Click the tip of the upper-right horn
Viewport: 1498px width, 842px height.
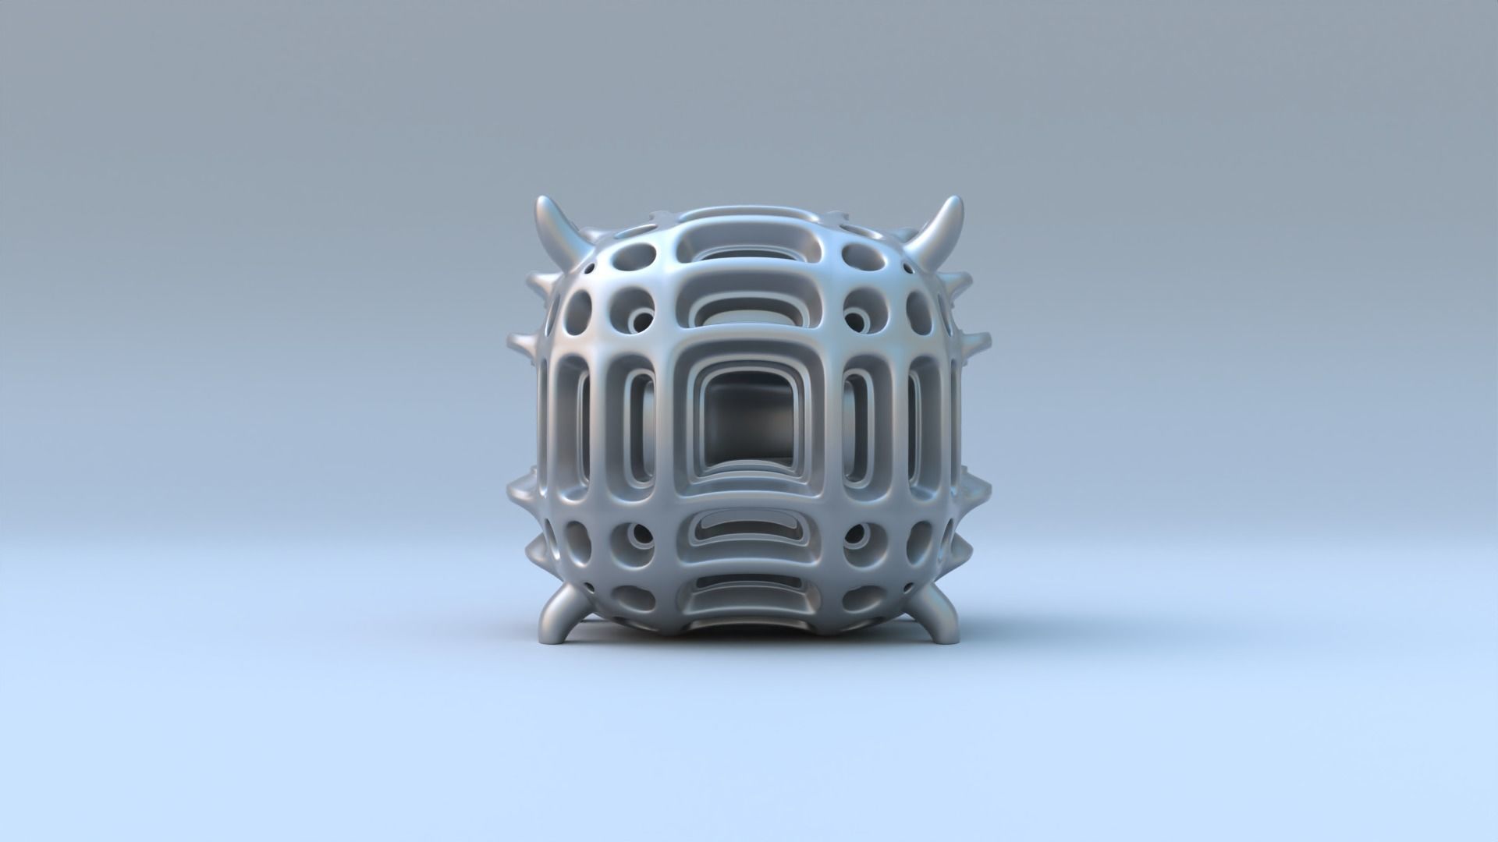(956, 203)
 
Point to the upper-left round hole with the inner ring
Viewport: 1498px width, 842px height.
(641, 320)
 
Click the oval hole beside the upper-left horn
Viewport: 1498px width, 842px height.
(635, 254)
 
